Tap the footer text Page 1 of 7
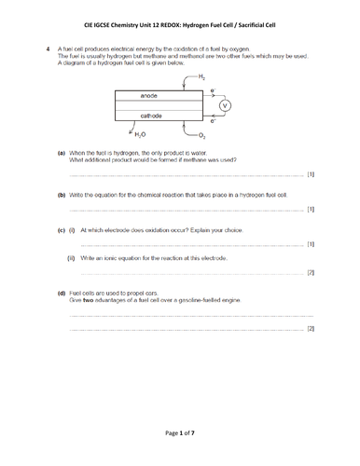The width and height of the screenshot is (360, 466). (179, 434)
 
